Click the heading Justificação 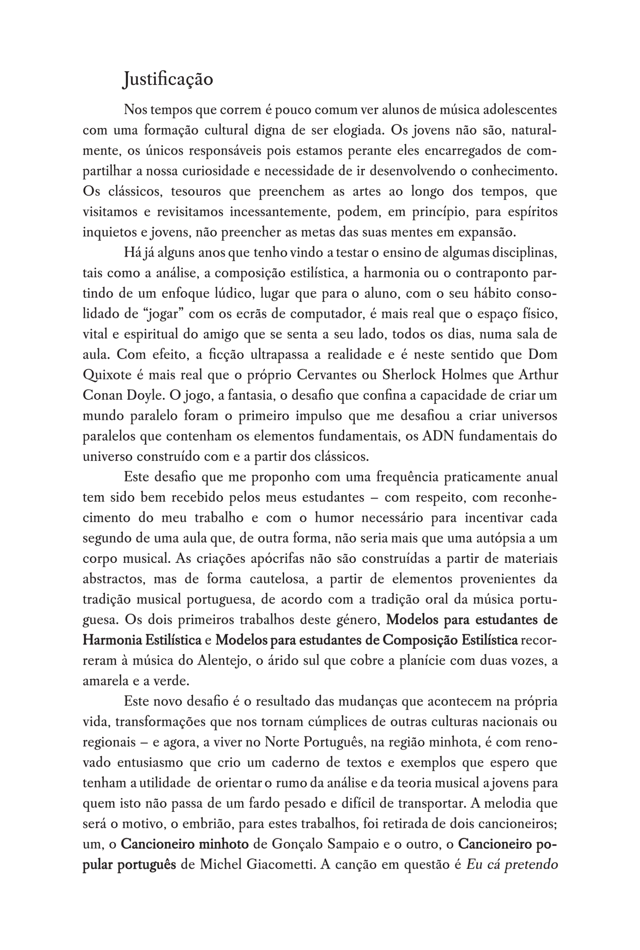tap(168, 79)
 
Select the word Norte tap(281, 742)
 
